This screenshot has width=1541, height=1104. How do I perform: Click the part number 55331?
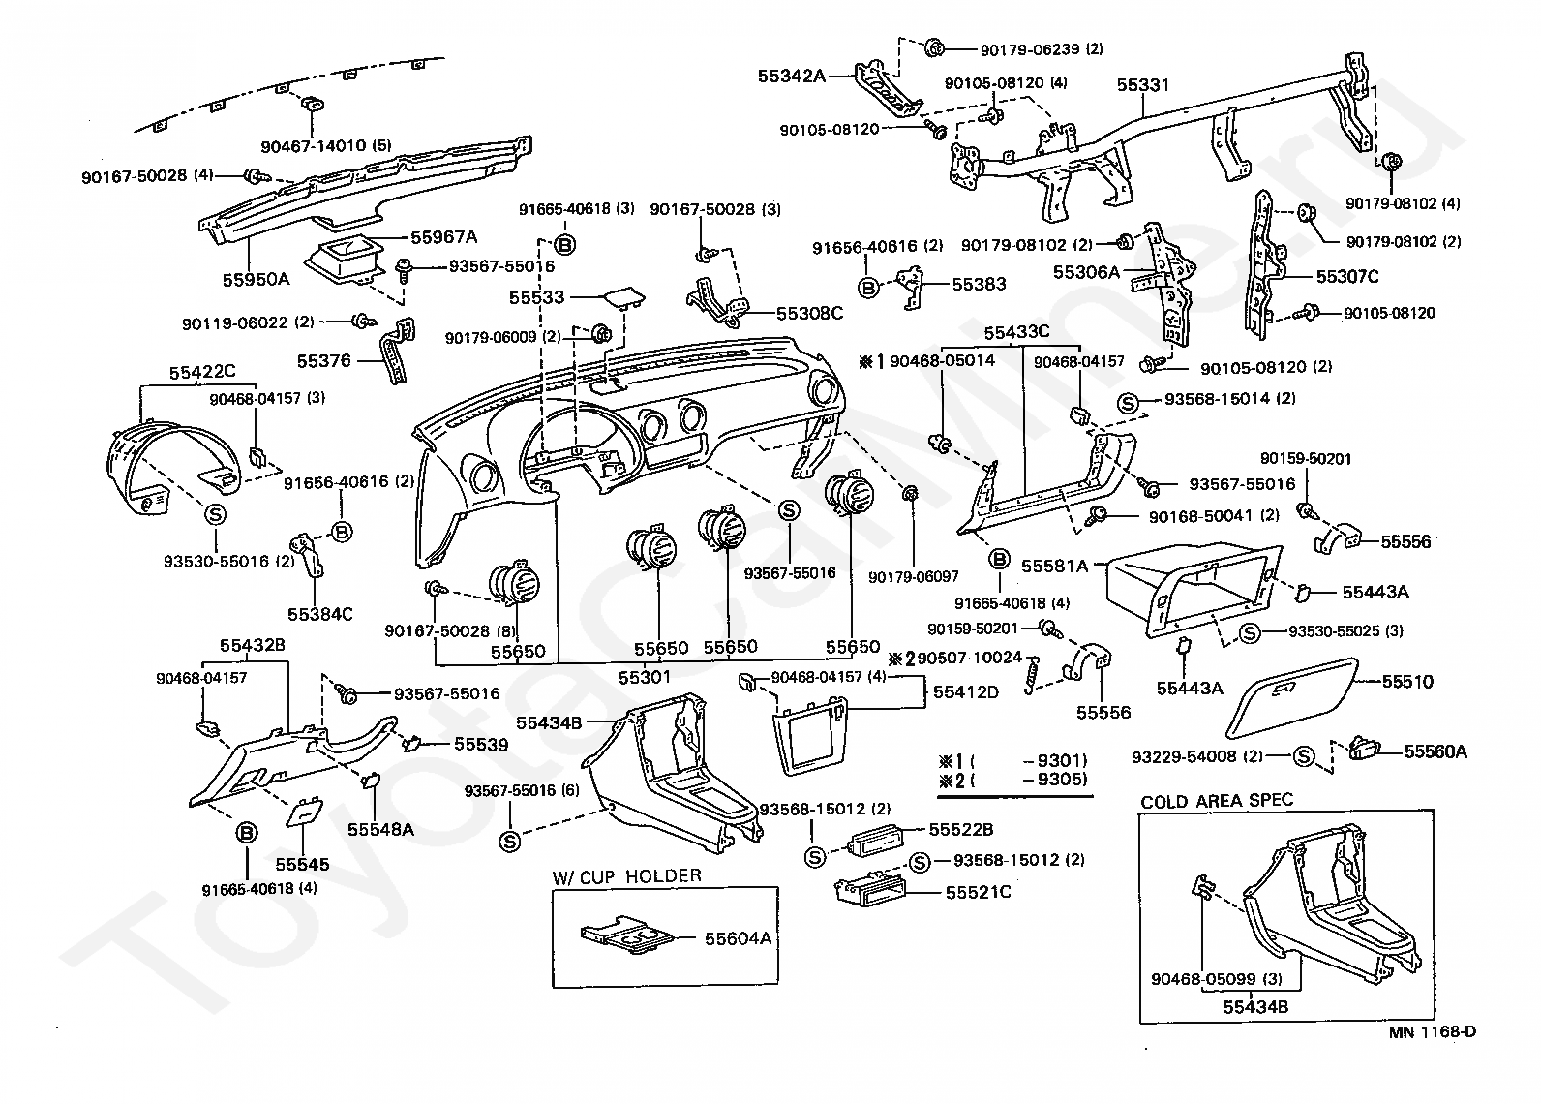(1143, 85)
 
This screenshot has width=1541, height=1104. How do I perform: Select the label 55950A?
(257, 279)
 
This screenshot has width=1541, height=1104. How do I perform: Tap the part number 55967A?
(444, 237)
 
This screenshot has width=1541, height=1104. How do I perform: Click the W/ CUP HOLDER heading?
(626, 876)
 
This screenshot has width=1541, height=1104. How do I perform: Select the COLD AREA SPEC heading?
(1217, 801)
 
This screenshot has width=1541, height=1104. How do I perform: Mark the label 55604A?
(738, 938)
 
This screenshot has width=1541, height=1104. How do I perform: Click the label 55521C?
(978, 891)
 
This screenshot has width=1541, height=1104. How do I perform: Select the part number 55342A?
(791, 74)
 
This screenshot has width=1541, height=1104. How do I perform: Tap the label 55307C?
(1347, 277)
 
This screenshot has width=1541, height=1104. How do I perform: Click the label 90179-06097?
(914, 576)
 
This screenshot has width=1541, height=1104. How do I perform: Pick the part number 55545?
(302, 864)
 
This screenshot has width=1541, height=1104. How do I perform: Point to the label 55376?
(323, 360)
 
